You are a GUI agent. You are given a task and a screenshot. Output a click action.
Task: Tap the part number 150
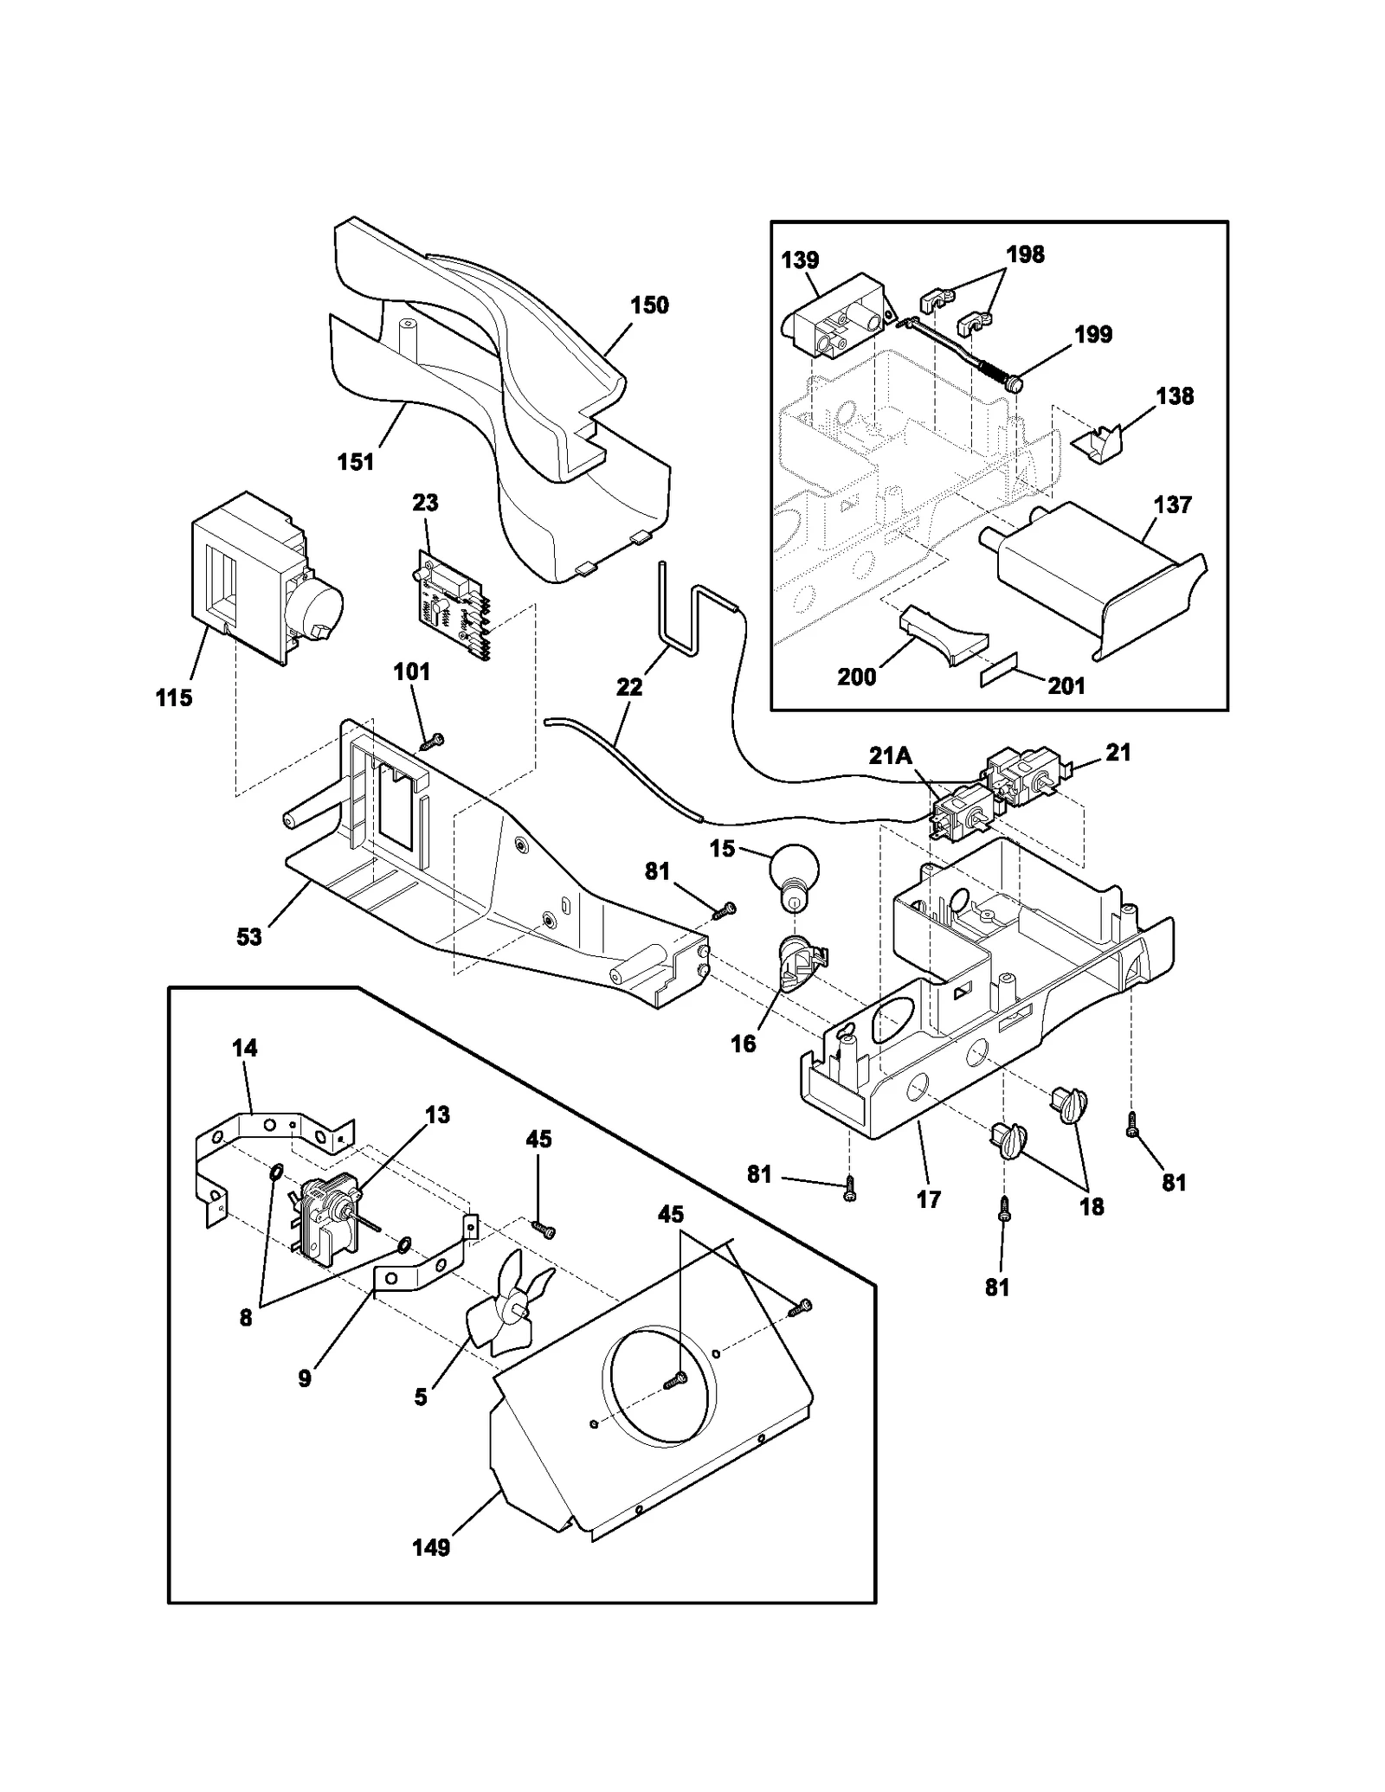coord(649,305)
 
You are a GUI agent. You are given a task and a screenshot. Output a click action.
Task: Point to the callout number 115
coord(174,697)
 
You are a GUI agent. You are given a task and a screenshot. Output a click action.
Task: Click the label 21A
coord(891,755)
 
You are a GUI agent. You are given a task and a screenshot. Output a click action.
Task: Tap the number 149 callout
coord(431,1547)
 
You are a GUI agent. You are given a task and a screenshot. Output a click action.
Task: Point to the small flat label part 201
coord(1002,675)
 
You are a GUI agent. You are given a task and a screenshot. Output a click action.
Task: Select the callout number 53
coord(249,936)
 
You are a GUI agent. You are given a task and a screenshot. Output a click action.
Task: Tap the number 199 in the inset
coord(1092,334)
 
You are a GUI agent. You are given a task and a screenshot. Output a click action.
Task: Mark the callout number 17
coord(928,1199)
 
